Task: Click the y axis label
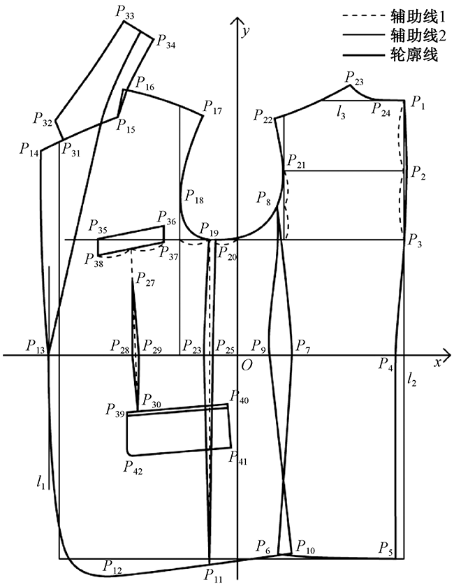click(x=245, y=31)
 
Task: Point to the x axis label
click(x=437, y=362)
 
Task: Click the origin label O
click(x=246, y=364)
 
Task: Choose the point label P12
click(x=112, y=565)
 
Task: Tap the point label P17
click(x=212, y=107)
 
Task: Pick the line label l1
click(x=43, y=481)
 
